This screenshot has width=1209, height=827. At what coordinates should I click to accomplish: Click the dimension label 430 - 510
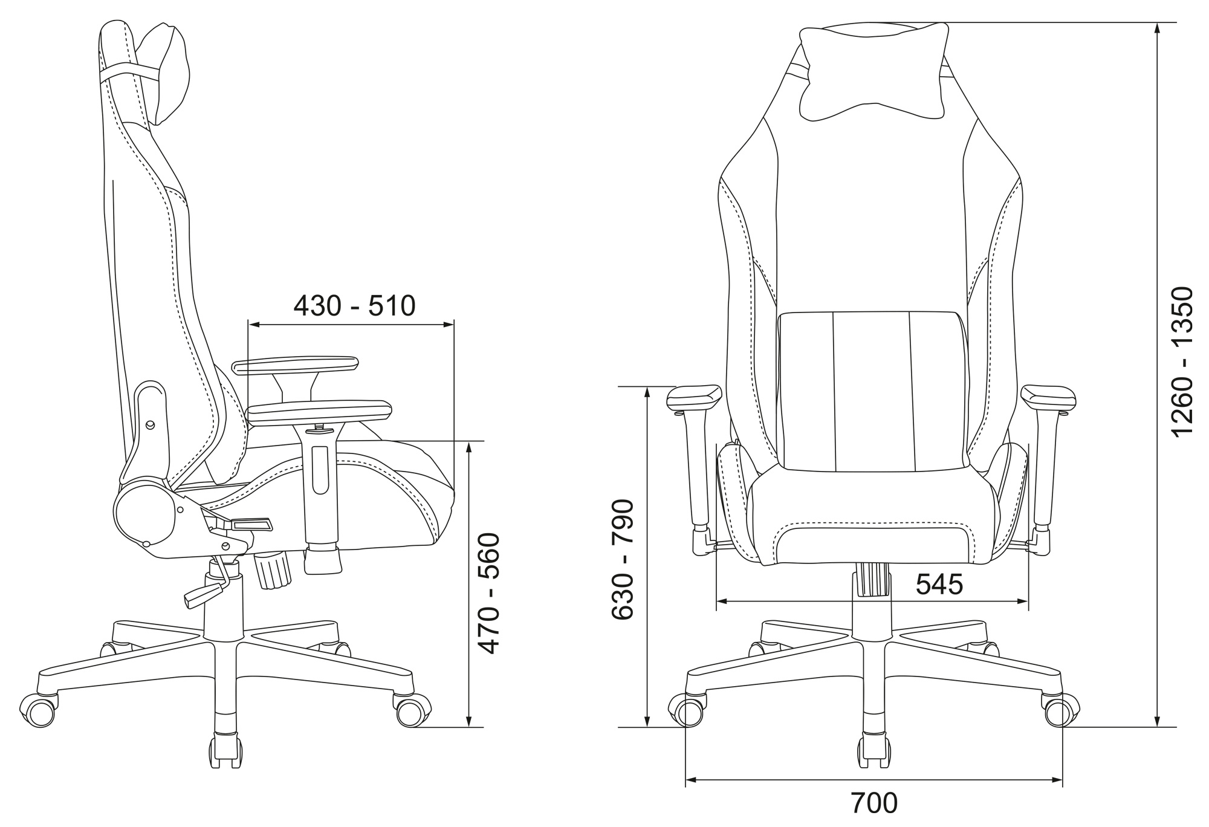pyautogui.click(x=354, y=306)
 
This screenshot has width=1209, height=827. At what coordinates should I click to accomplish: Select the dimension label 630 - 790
pyautogui.click(x=622, y=559)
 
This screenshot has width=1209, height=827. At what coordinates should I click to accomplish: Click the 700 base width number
pyautogui.click(x=874, y=803)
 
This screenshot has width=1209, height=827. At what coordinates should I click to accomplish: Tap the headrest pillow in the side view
pyautogui.click(x=166, y=74)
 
